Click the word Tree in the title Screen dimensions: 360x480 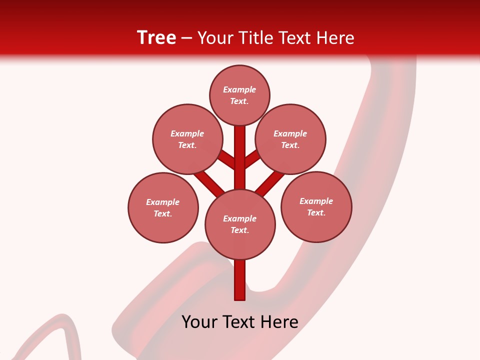click(x=156, y=38)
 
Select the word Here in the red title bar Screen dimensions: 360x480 click(x=334, y=38)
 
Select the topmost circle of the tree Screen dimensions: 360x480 click(x=239, y=95)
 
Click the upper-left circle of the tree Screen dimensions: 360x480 click(x=187, y=139)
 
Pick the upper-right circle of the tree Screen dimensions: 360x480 click(x=290, y=139)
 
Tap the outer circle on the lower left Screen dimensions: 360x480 click(x=163, y=207)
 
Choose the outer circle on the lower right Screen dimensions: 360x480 click(x=316, y=206)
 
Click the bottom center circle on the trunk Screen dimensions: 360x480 click(x=240, y=224)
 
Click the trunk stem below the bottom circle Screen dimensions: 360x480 click(x=240, y=280)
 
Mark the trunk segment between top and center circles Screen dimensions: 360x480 click(x=240, y=155)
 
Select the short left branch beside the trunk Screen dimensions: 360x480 click(x=227, y=158)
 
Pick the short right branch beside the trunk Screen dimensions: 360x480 click(x=252, y=158)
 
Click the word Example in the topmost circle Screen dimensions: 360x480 click(x=239, y=89)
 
